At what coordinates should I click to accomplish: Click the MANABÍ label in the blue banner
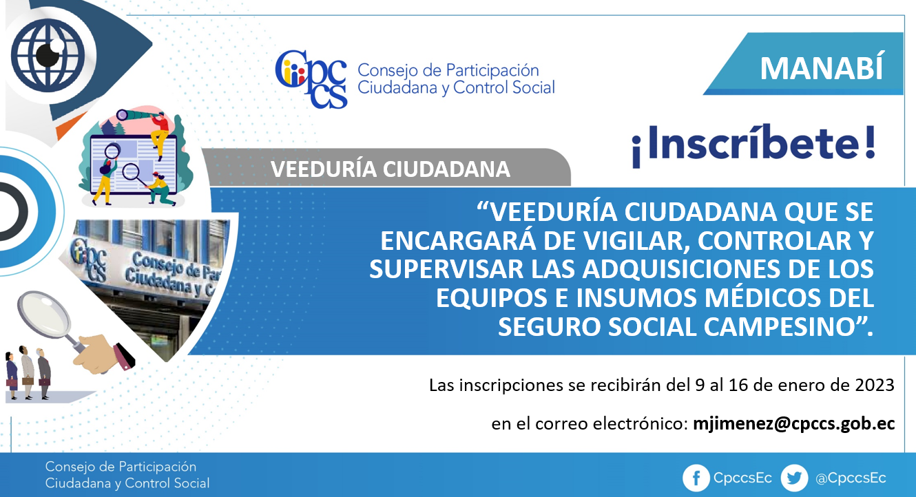click(822, 68)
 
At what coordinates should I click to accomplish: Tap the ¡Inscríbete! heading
click(753, 145)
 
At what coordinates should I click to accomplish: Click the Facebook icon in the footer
click(696, 478)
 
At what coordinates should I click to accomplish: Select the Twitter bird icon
click(794, 478)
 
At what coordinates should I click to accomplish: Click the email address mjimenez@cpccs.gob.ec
click(794, 424)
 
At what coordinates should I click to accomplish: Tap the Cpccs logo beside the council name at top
click(311, 79)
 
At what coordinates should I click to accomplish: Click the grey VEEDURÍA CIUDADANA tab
click(386, 168)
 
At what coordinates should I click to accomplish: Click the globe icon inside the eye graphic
click(48, 55)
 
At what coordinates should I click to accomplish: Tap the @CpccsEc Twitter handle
click(851, 478)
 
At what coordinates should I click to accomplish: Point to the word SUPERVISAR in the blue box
click(446, 269)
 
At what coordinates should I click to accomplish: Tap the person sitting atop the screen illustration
click(160, 133)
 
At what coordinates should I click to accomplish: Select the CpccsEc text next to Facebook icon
click(742, 478)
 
